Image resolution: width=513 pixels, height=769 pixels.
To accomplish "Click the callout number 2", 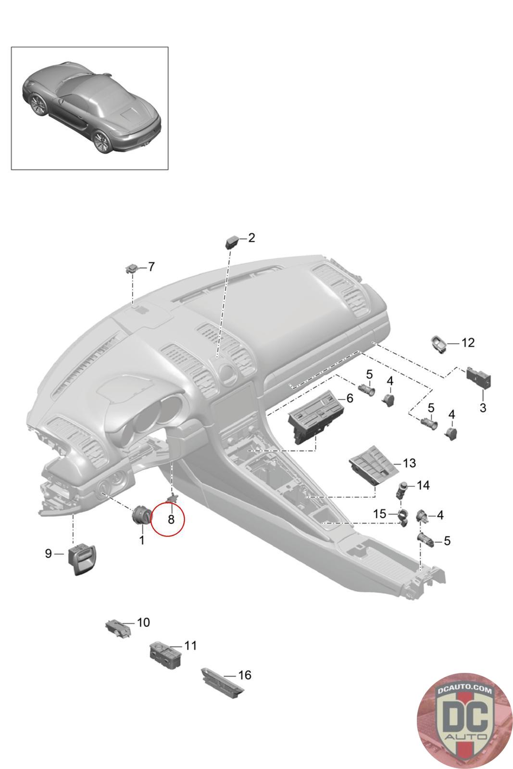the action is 251,237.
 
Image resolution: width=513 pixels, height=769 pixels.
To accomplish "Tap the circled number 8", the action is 171,520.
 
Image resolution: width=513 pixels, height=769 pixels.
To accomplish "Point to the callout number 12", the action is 468,343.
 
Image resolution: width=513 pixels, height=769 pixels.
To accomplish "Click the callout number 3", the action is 483,408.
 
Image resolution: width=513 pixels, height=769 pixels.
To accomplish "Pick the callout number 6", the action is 350,398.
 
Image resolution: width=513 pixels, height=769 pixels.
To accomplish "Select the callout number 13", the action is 409,463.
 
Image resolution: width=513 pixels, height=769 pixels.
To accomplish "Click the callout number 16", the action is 245,675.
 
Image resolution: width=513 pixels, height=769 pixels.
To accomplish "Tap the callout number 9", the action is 49,553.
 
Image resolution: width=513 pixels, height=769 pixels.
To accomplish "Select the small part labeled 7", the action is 132,269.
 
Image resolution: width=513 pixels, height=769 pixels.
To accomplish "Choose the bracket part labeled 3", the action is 479,378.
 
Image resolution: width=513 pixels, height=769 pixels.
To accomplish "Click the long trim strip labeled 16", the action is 223,683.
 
